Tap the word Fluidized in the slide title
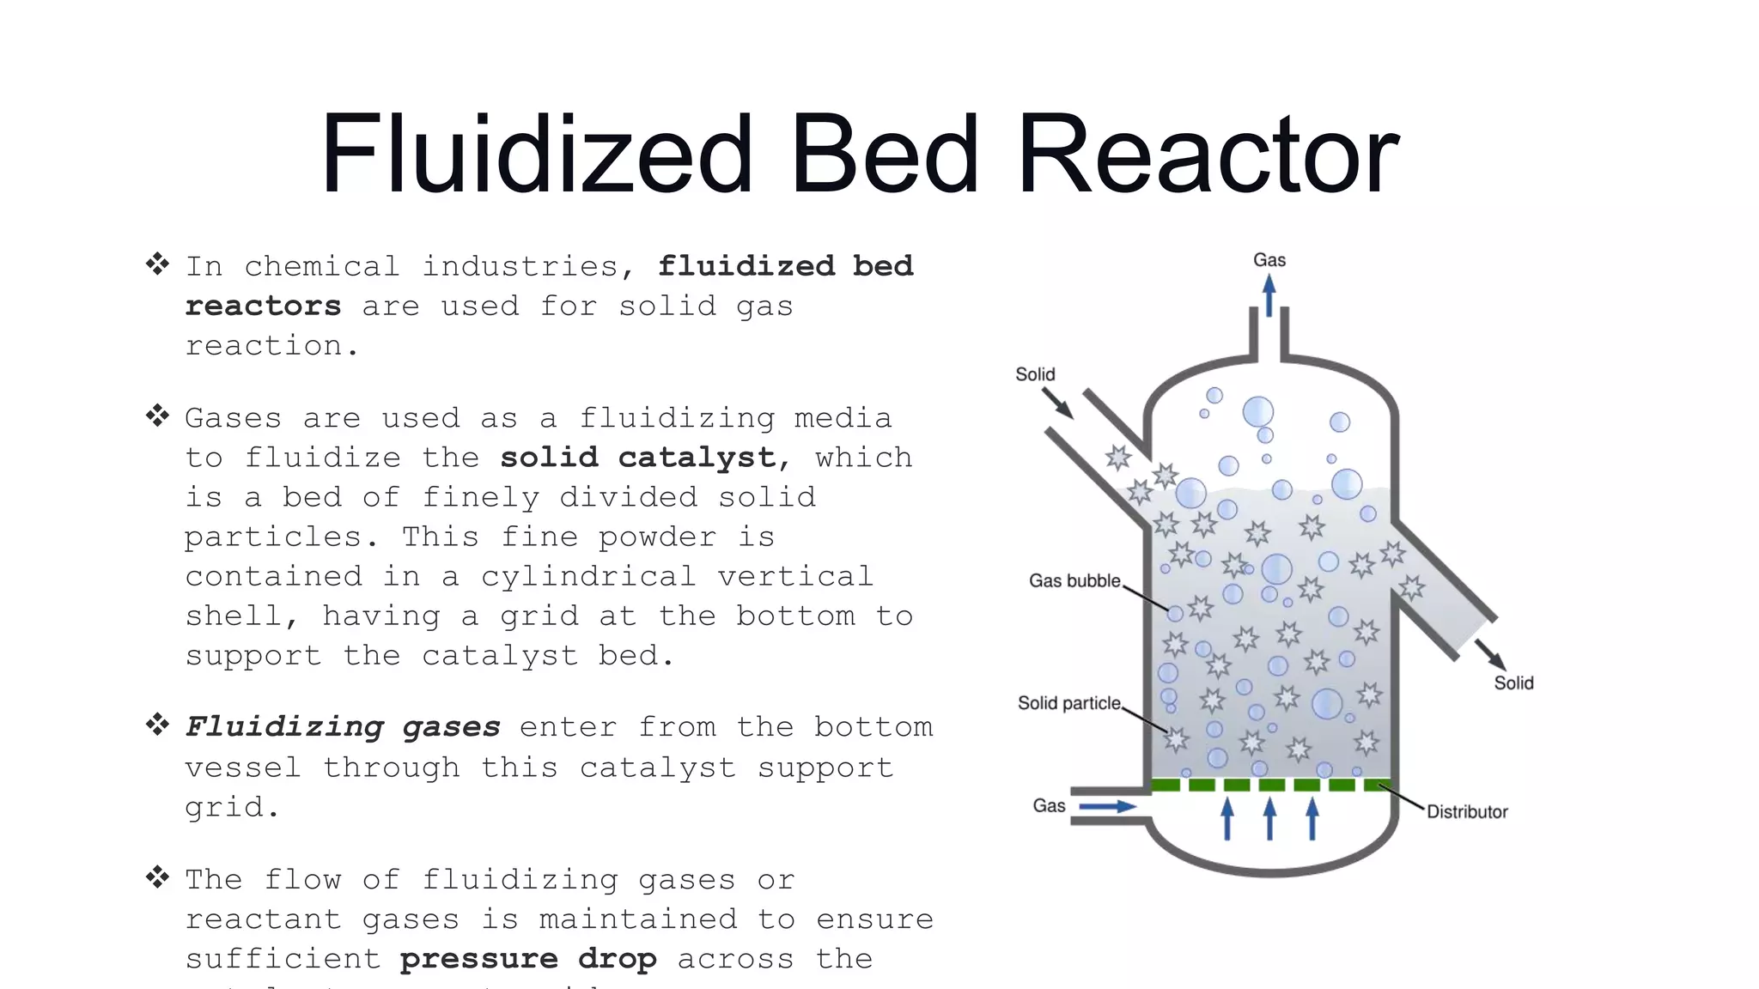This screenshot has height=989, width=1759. tap(536, 155)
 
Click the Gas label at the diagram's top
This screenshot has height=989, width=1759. tap(1269, 260)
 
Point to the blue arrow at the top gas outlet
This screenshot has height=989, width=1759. tap(1269, 296)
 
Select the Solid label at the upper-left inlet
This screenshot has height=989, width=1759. tap(1035, 374)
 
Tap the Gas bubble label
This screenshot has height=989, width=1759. tap(1074, 581)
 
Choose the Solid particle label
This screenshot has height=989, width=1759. tap(1069, 703)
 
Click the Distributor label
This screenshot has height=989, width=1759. tap(1467, 812)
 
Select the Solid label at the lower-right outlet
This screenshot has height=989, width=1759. tap(1513, 683)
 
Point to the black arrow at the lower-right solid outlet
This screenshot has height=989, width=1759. tap(1490, 655)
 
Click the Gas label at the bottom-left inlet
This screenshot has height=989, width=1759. tap(1049, 806)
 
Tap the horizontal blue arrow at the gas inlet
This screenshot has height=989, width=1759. tap(1107, 807)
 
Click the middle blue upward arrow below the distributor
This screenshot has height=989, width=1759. tap(1270, 819)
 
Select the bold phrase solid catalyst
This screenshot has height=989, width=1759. tap(637, 458)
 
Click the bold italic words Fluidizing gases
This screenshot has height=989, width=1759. tap(343, 727)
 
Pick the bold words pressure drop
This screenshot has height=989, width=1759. tap(528, 959)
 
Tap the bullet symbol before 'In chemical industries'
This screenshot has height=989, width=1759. tap(157, 264)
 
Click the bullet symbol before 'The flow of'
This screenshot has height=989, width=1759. tap(157, 877)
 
